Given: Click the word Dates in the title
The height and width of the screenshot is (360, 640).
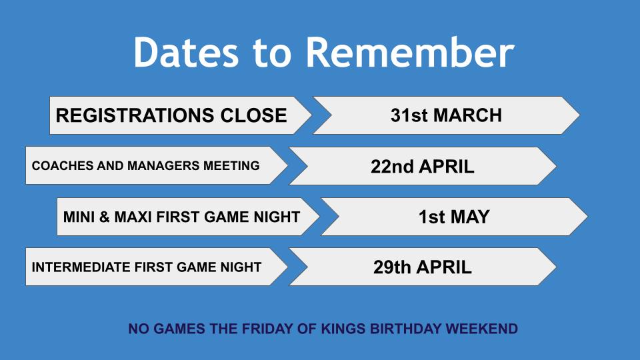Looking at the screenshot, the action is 186,52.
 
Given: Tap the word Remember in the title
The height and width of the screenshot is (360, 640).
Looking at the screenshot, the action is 410,52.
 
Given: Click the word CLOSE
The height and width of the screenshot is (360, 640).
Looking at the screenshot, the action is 253,115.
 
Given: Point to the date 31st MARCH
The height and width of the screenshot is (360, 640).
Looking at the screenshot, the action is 446,115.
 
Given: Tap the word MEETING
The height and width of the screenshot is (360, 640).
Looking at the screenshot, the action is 231,166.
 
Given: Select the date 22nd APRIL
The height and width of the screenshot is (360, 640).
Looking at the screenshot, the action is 423,167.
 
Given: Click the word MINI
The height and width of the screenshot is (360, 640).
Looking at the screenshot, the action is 79,217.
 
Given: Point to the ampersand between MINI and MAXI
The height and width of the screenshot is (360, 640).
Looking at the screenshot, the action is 105,217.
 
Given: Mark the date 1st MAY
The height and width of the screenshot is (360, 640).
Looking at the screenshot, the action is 454,217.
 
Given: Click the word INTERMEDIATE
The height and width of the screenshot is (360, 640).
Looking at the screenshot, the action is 81,267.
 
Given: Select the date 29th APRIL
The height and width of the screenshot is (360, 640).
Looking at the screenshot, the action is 423,267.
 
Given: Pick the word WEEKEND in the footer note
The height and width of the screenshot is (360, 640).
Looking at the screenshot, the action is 481,329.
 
